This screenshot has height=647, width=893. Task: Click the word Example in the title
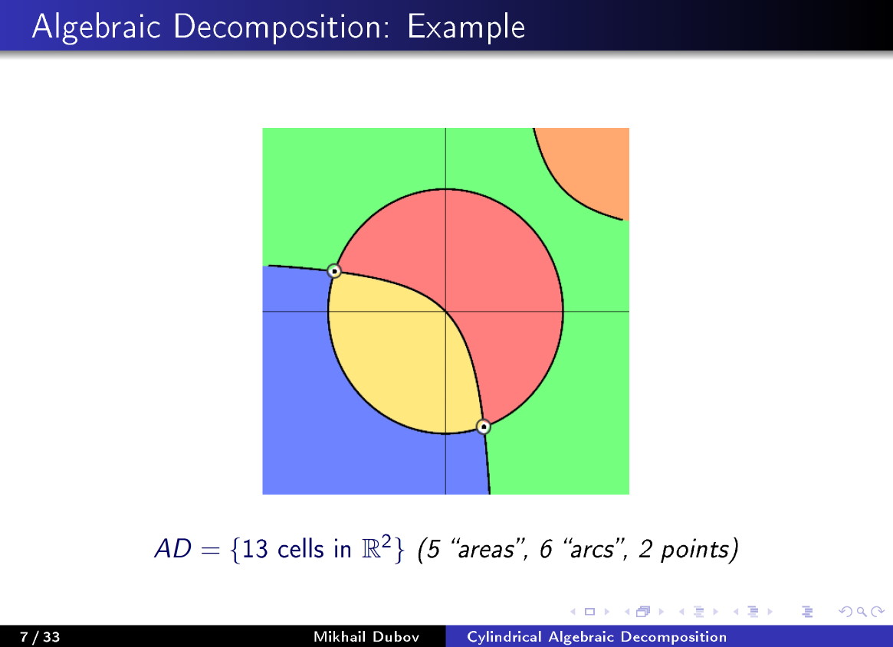point(466,27)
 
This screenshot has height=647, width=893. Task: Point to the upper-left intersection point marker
point(334,271)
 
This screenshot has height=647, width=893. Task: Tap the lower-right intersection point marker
point(483,426)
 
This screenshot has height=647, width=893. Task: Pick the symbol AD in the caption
point(172,550)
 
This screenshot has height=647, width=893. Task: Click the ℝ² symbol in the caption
point(378,548)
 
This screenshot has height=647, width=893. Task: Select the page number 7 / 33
point(39,637)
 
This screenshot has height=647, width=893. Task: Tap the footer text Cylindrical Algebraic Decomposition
point(596,637)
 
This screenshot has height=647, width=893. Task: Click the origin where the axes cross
point(445,312)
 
